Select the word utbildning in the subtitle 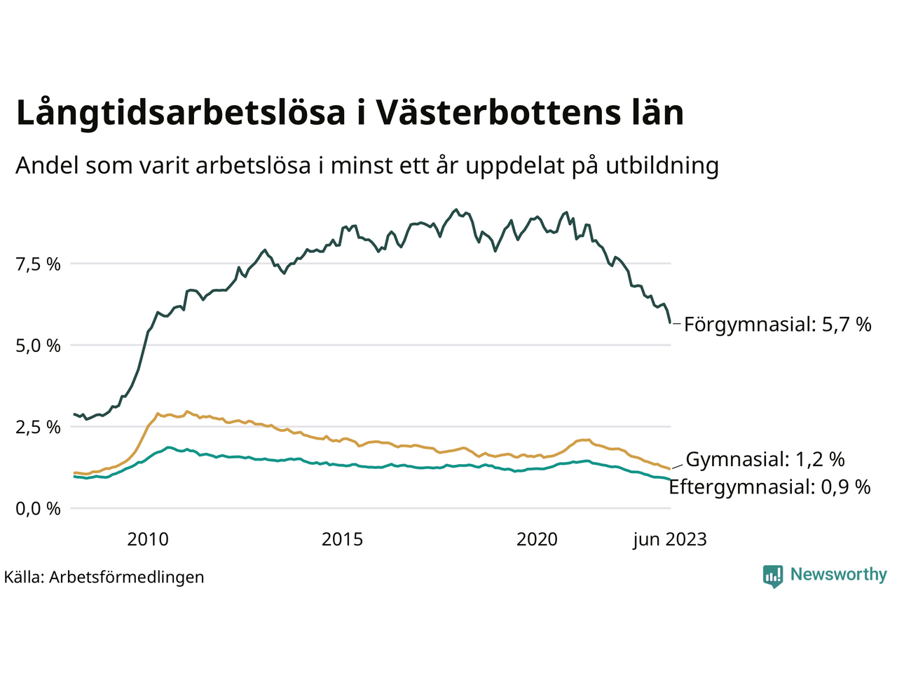[x=662, y=165]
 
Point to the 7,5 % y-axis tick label [x=38, y=264]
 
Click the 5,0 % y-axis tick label [x=38, y=346]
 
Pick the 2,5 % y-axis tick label [x=38, y=427]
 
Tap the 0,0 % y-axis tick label [x=38, y=508]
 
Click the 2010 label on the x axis [x=148, y=539]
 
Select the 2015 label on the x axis [x=342, y=539]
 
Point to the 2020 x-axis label [x=537, y=539]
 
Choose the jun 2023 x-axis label [x=669, y=539]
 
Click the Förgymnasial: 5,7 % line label [x=777, y=325]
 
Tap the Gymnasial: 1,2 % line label [x=765, y=460]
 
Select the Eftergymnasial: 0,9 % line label [x=769, y=487]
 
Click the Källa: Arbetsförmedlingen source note [x=104, y=577]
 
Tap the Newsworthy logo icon [x=773, y=576]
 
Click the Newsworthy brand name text [x=838, y=575]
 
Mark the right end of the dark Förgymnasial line [x=671, y=322]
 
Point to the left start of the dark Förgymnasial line [x=74, y=414]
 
